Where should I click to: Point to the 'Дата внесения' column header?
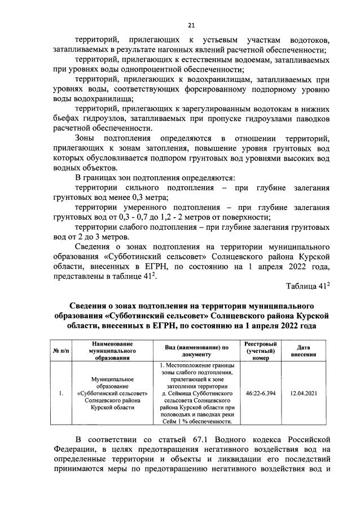coord(302,351)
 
